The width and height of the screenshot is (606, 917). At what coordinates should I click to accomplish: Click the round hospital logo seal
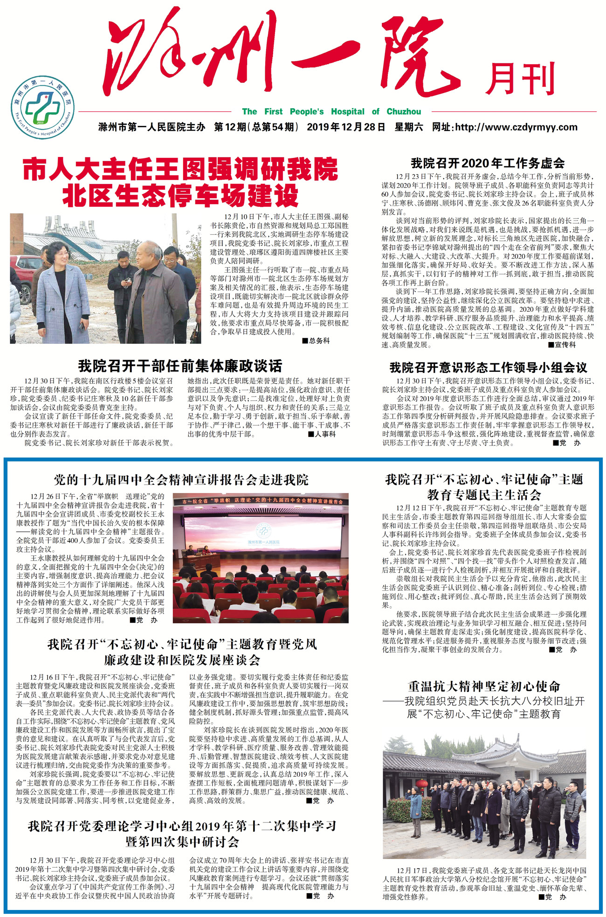coord(42,107)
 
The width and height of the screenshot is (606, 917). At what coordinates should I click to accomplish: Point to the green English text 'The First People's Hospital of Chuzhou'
coord(331,112)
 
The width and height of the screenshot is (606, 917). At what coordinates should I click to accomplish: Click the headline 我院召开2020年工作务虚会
coord(487,163)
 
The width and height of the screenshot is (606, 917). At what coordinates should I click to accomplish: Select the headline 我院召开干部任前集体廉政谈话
coord(180,366)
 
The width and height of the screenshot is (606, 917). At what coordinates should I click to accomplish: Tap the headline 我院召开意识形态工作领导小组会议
coord(488,368)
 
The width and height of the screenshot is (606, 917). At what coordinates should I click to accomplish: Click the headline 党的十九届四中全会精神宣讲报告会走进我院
coord(181,480)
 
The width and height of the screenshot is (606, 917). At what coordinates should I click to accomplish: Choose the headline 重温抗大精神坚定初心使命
coord(484,686)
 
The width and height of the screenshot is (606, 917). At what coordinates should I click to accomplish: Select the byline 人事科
coord(322,434)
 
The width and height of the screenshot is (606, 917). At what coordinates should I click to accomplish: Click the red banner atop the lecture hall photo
coord(261,501)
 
